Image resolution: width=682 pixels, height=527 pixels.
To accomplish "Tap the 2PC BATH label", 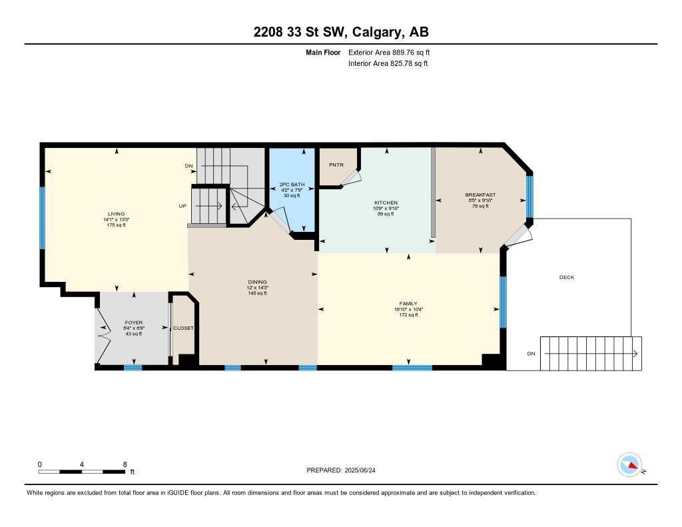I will pyautogui.click(x=291, y=185).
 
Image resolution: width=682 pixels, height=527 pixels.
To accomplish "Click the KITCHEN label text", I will pyautogui.click(x=386, y=203).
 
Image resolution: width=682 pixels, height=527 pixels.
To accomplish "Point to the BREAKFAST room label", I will pyautogui.click(x=480, y=195).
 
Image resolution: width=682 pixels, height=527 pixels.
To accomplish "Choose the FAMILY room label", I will pyautogui.click(x=408, y=304).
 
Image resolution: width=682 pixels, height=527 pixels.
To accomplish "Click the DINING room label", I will pyautogui.click(x=257, y=282).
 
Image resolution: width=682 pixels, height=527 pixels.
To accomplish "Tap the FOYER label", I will pyautogui.click(x=134, y=323).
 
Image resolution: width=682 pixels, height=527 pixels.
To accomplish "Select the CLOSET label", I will pyautogui.click(x=183, y=328).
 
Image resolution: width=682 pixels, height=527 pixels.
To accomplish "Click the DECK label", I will pyautogui.click(x=566, y=277).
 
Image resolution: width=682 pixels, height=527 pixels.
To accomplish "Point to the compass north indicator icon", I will pyautogui.click(x=629, y=464).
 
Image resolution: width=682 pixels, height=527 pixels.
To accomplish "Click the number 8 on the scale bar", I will pyautogui.click(x=125, y=464).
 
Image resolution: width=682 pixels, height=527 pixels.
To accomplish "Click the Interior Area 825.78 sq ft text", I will pyautogui.click(x=388, y=64).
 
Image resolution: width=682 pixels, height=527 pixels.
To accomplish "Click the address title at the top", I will pyautogui.click(x=340, y=33).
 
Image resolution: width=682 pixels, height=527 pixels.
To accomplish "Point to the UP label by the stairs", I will pyautogui.click(x=182, y=207).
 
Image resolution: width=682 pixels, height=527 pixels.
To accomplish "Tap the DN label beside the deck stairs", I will pyautogui.click(x=531, y=354).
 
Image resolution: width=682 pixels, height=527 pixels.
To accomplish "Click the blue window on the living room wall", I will pyautogui.click(x=42, y=217).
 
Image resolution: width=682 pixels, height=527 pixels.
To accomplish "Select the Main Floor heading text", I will pyautogui.click(x=323, y=52).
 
